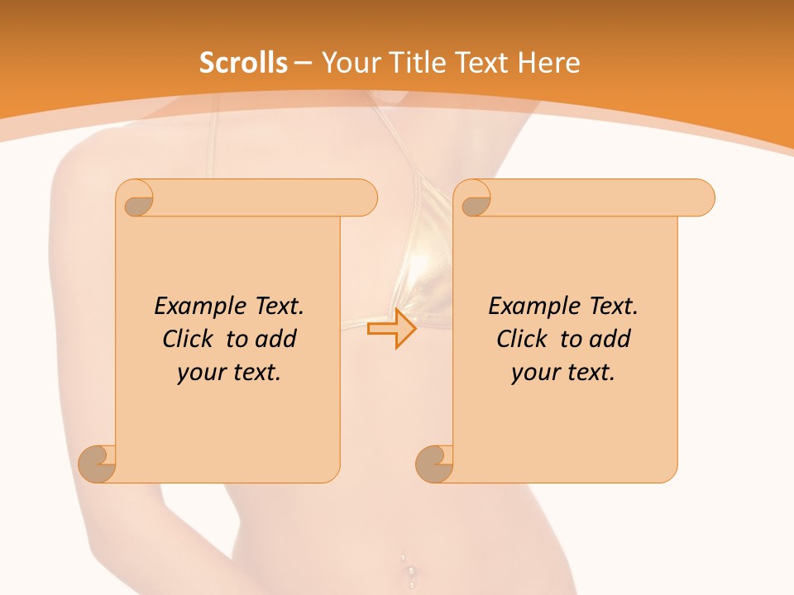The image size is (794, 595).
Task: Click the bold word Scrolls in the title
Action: [x=243, y=63]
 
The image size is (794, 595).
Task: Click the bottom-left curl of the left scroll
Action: [x=98, y=463]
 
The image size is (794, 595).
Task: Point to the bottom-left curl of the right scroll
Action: [x=435, y=463]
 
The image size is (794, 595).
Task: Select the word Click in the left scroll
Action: [x=188, y=339]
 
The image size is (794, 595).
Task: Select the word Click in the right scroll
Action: [x=522, y=339]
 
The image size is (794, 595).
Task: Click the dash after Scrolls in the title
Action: [x=304, y=63]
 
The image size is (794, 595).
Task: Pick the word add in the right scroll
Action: [x=610, y=339]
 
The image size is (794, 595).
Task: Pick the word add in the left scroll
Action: [x=276, y=339]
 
